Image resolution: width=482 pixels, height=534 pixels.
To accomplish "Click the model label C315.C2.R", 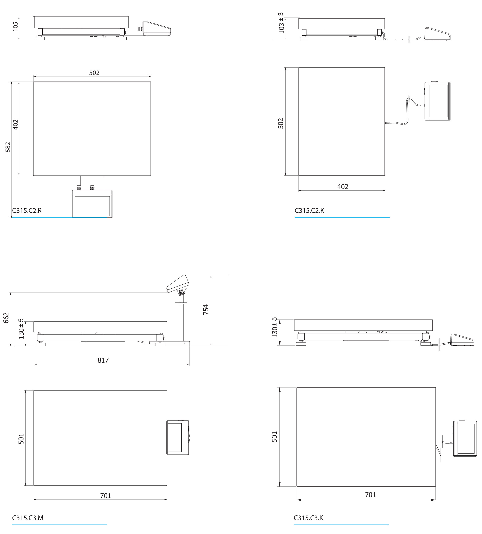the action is point(27,210).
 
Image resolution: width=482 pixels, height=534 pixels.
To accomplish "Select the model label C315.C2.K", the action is point(309,210).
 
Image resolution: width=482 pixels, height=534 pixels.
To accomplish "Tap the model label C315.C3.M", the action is point(28,518).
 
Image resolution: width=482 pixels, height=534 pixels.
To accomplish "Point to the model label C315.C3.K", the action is point(308,518).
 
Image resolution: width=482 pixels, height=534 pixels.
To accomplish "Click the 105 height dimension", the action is point(16,26).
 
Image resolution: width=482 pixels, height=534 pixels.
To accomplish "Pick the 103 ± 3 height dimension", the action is point(281,23).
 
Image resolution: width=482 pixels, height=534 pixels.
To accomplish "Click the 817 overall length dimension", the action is point(103,360).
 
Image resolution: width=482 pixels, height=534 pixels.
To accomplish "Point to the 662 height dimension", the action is point(6,318).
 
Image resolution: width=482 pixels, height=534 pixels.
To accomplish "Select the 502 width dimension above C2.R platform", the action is point(94,73).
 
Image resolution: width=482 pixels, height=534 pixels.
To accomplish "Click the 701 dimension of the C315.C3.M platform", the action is point(106,496).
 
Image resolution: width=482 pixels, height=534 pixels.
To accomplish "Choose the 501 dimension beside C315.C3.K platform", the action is point(275,437).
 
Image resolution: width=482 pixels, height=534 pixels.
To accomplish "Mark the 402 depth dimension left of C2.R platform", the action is point(16,125).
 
